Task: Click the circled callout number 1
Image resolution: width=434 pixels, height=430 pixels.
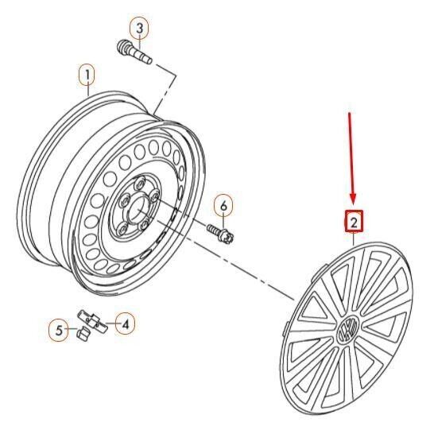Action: [87, 76]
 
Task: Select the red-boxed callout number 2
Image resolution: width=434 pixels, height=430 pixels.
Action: [354, 222]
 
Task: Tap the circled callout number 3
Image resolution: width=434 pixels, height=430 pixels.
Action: [140, 29]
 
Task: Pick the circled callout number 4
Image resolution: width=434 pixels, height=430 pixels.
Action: [125, 324]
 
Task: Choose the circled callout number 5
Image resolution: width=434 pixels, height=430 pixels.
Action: [59, 330]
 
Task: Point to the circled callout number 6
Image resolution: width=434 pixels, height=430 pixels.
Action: [223, 206]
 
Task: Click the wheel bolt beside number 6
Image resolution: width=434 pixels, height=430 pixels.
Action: [221, 233]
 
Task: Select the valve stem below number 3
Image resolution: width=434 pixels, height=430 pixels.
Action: [135, 52]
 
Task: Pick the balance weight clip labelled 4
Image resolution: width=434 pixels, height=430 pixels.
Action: [92, 322]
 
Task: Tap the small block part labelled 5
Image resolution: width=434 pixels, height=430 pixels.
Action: [83, 334]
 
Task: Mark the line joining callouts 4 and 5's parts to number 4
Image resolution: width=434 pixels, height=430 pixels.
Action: [110, 323]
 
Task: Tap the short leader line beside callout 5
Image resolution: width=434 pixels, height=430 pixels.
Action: [72, 329]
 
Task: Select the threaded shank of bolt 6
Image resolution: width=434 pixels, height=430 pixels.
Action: [212, 228]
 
